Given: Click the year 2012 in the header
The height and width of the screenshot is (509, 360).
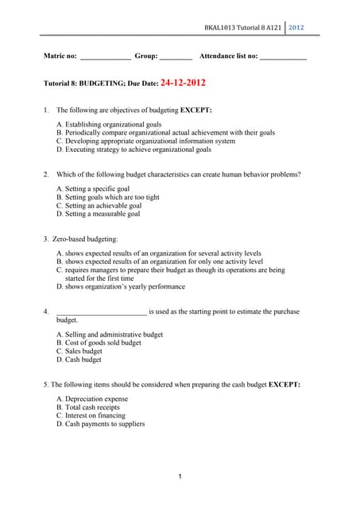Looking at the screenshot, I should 296,29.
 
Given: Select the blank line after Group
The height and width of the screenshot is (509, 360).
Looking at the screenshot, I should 176,58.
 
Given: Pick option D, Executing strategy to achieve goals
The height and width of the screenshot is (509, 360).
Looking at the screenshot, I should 134,149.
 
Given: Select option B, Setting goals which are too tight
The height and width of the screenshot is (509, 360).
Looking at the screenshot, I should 108,197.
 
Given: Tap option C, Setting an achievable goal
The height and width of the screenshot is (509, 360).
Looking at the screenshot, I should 99,205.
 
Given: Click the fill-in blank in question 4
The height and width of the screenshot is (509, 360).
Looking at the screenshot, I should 101,313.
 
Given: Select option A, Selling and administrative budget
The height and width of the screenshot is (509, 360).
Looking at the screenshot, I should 110,335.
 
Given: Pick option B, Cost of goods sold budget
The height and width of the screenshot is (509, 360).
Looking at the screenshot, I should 99,343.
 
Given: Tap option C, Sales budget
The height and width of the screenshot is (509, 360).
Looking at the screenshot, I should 79,351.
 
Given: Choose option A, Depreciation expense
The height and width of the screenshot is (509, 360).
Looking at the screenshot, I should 92,399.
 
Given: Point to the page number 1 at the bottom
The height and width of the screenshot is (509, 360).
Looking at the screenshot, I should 180,476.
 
